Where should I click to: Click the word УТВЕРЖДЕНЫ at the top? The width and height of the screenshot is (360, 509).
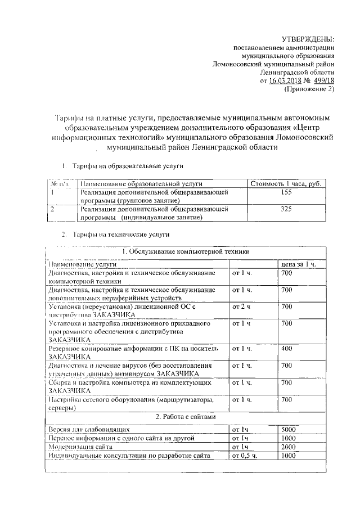click(307, 39)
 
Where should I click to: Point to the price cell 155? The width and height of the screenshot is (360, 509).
click(286, 192)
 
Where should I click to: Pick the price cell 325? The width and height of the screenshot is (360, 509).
click(286, 209)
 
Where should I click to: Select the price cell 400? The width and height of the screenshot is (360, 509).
click(286, 349)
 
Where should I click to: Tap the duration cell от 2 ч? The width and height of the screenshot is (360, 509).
click(241, 307)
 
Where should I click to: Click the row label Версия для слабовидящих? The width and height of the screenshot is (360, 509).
click(89, 429)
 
